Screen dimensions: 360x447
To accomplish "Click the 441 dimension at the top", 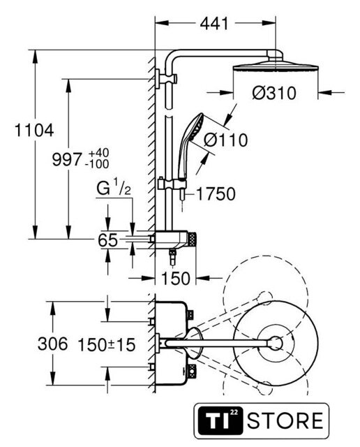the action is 214,23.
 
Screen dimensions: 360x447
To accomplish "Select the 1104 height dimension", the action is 34,131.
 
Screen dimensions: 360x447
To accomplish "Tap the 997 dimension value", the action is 67,159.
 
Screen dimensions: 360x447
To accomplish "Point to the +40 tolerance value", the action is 98,153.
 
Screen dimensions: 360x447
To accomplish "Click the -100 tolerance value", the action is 98,164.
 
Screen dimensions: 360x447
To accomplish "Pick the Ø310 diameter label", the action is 274,93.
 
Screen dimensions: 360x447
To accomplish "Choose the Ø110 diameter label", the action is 226,140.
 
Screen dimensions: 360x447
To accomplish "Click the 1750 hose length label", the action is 216,194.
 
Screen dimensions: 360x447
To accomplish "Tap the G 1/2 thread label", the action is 114,187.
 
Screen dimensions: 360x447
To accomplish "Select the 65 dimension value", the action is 107,240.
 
